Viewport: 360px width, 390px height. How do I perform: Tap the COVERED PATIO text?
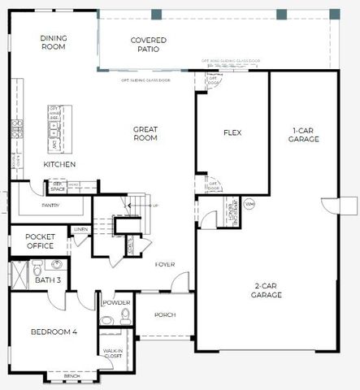coord(149,45)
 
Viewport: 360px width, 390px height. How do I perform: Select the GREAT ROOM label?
coord(145,134)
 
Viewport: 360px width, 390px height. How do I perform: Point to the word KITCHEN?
coord(59,165)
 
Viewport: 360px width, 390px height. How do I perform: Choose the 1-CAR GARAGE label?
coord(304,134)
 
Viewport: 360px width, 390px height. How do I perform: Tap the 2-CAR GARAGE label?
coord(266,290)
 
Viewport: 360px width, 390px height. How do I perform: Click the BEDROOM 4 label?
coord(54,331)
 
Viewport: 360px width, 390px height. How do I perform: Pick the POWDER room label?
coord(117,303)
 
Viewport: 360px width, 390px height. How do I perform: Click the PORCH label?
coord(164,315)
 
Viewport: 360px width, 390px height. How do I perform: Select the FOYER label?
coord(166,265)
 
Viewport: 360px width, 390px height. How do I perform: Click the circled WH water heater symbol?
coord(249,202)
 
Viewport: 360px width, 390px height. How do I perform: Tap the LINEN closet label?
coord(80,231)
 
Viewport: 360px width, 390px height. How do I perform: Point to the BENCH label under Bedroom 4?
coord(72,376)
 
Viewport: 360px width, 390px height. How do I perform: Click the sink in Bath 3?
coord(56,264)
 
